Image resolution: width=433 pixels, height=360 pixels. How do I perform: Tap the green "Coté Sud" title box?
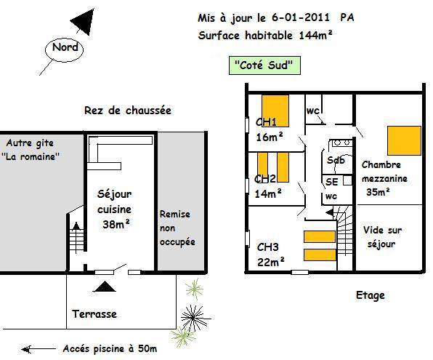pyautogui.click(x=264, y=65)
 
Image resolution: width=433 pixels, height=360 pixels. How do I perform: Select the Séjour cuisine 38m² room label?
pyautogui.click(x=114, y=209)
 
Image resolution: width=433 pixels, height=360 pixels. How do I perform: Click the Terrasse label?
pyautogui.click(x=94, y=314)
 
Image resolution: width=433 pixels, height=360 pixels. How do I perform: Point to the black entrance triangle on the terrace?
pyautogui.click(x=104, y=287)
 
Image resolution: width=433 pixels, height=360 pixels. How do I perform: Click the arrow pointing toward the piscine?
pyautogui.click(x=39, y=349)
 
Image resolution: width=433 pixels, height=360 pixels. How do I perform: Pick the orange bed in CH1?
pyautogui.click(x=275, y=111)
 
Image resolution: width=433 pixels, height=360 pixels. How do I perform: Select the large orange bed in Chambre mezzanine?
pyautogui.click(x=404, y=141)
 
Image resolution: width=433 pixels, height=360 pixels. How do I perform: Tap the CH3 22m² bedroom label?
pyautogui.click(x=270, y=255)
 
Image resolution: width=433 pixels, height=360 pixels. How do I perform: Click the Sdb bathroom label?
pyautogui.click(x=336, y=160)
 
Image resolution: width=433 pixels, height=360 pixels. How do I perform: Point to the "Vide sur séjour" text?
pyautogui.click(x=382, y=237)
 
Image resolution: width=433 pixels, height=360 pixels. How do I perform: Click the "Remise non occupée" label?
pyautogui.click(x=177, y=228)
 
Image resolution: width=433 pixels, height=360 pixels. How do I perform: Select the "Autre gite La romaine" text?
pyautogui.click(x=30, y=150)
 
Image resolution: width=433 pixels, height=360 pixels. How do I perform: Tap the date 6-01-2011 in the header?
pyautogui.click(x=301, y=17)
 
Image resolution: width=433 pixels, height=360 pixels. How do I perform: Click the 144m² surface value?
pyautogui.click(x=315, y=35)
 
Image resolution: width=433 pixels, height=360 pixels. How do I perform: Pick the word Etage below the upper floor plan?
pyautogui.click(x=371, y=295)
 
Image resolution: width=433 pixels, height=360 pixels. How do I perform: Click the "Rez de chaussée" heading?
pyautogui.click(x=128, y=111)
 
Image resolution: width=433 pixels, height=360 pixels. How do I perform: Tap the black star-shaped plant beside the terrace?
pyautogui.click(x=193, y=319)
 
